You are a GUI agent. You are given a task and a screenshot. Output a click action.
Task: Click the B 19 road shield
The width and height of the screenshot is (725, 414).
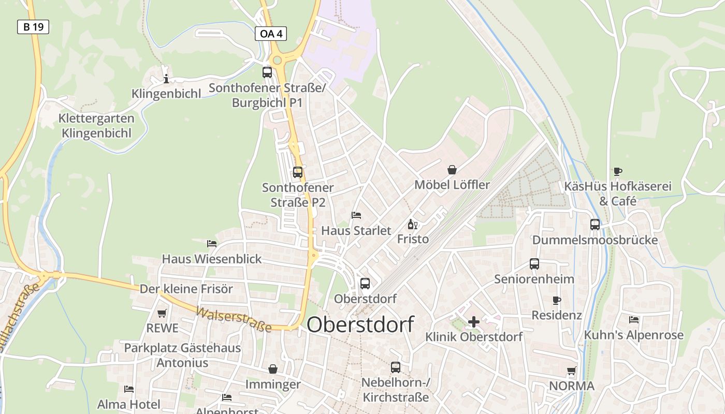[x=33, y=27]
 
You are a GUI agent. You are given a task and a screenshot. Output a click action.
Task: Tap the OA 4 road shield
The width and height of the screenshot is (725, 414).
[x=271, y=34]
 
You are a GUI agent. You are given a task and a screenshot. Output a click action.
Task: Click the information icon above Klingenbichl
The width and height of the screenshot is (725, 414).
[x=166, y=79]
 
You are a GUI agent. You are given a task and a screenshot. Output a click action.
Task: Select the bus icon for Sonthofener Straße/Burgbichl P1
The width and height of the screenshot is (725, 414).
[x=267, y=72]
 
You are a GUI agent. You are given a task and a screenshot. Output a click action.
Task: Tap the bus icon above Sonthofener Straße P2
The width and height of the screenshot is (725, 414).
[x=298, y=172]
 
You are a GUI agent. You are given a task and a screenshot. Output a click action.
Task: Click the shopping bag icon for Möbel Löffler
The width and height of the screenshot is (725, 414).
[x=452, y=170]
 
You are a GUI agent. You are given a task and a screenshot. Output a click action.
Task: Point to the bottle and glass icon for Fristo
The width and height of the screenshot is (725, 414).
[x=413, y=224]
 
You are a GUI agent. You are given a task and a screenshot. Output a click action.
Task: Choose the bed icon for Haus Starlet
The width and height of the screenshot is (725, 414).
[x=356, y=215]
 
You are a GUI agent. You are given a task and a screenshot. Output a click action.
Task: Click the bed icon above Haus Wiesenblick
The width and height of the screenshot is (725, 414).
[x=212, y=243]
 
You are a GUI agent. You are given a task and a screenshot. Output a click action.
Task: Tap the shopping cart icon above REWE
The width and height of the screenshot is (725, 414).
[x=162, y=313]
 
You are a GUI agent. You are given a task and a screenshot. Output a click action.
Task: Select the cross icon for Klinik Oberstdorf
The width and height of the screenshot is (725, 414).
[x=473, y=322]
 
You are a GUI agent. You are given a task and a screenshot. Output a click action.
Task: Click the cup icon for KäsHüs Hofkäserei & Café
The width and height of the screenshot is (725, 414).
[x=617, y=171]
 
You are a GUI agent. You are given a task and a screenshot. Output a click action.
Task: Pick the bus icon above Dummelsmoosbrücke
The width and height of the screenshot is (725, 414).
[x=595, y=225]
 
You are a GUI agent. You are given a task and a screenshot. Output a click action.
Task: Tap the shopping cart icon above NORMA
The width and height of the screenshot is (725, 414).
[x=572, y=371]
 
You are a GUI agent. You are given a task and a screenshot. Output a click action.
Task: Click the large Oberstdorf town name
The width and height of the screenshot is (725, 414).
[x=360, y=325]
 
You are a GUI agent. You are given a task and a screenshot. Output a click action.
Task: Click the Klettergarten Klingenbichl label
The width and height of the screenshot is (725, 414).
[x=96, y=126]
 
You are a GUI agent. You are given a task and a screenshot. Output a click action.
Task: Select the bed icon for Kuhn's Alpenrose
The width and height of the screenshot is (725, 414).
[x=633, y=319]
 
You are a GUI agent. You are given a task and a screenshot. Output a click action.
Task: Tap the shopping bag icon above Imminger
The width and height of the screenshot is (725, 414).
[x=273, y=369]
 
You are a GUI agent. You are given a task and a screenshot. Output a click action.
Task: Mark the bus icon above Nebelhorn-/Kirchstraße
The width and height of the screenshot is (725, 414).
[x=396, y=367]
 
